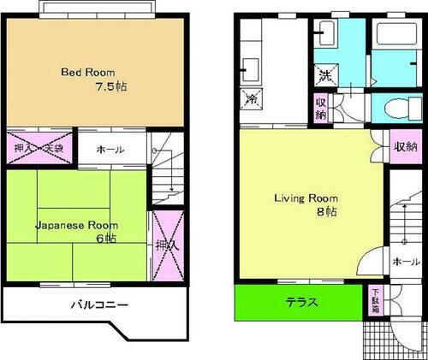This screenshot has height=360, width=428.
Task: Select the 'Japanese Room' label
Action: click(76, 226)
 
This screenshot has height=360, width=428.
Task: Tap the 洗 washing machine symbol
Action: click(325, 74)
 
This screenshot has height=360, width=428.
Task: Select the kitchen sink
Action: click(251, 68)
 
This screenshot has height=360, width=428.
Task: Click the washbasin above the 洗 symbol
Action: click(325, 35)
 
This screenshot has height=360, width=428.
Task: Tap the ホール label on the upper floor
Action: click(110, 150)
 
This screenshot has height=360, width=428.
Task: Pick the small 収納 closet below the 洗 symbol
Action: click(320, 109)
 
